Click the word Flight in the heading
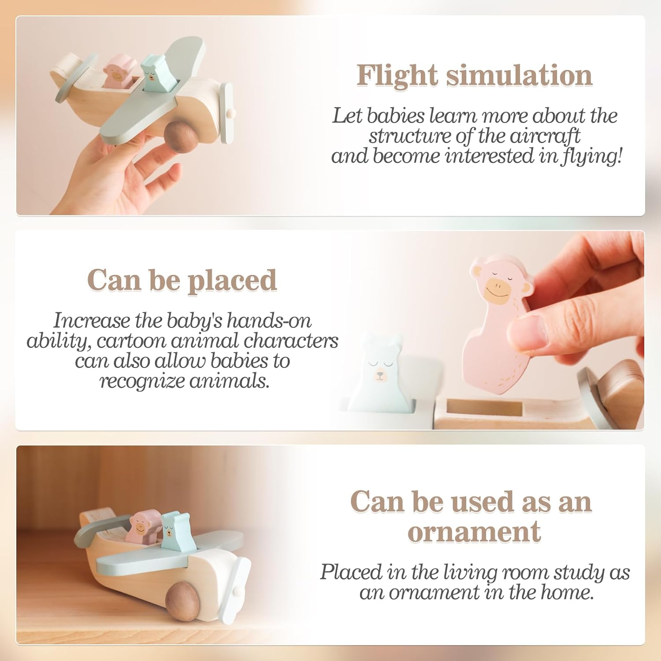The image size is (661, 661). pyautogui.click(x=398, y=75)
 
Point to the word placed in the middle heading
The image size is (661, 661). pyautogui.click(x=232, y=281)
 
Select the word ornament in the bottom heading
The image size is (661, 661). pyautogui.click(x=474, y=531)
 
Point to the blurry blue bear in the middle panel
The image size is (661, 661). pyautogui.click(x=379, y=375)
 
